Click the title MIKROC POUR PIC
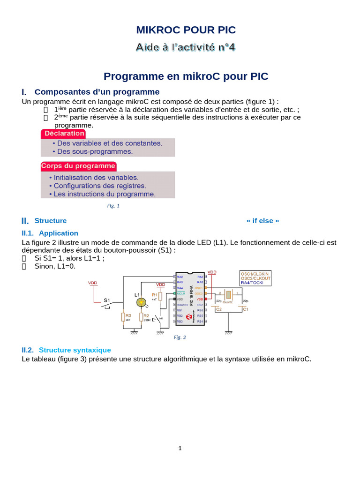pyautogui.click(x=186, y=30)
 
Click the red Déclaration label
pyautogui.click(x=64, y=134)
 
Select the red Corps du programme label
pyautogui.click(x=78, y=166)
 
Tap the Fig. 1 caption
pyautogui.click(x=113, y=205)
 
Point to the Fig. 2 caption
pyautogui.click(x=180, y=337)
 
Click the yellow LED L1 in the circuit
pyautogui.click(x=141, y=303)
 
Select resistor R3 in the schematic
pyautogui.click(x=123, y=317)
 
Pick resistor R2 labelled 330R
pyautogui.click(x=141, y=317)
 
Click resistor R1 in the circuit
pyautogui.click(x=160, y=296)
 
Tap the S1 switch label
pyautogui.click(x=107, y=300)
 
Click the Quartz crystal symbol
pyautogui.click(x=228, y=295)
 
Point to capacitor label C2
pyautogui.click(x=218, y=309)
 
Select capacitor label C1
pyautogui.click(x=246, y=309)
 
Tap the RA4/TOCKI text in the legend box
pyautogui.click(x=252, y=283)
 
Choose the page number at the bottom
pyautogui.click(x=180, y=448)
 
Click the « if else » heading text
pyautogui.click(x=262, y=221)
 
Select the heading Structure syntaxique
pyautogui.click(x=75, y=350)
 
